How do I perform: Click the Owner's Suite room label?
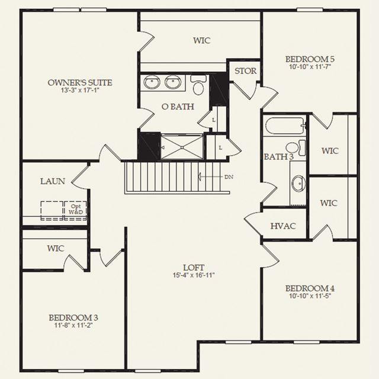pos(80,83)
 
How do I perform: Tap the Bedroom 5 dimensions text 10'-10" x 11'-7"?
pos(310,67)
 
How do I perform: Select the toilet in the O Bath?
pos(198,85)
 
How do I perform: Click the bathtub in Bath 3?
pos(285,126)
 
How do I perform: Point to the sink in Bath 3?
pos(298,183)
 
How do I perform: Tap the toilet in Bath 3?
pos(296,147)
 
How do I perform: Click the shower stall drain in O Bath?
pos(182,147)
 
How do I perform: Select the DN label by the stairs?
pos(229,177)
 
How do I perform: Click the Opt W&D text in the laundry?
pos(76,209)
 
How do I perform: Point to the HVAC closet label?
pos(283,226)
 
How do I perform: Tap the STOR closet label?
pos(246,71)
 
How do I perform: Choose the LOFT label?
pos(194,268)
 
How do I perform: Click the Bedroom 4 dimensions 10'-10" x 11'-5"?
pos(310,296)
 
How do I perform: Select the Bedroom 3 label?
pos(73,317)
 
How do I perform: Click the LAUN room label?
pos(53,181)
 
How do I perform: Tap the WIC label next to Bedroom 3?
pos(56,248)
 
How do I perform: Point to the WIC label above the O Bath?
pos(201,40)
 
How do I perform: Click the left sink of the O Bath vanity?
pos(152,82)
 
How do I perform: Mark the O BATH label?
pos(178,107)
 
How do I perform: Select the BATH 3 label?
pos(279,157)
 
